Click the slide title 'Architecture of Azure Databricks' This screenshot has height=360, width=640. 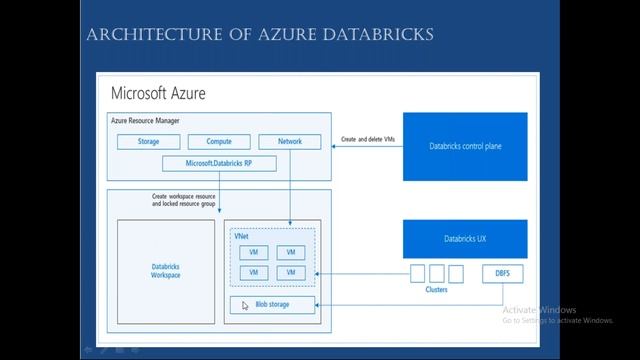(260, 35)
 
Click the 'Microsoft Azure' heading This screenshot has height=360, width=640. (158, 93)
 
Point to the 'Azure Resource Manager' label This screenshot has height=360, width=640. (146, 120)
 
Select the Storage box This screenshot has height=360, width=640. (148, 142)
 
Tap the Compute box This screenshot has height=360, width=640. (218, 142)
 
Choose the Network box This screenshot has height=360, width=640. (289, 142)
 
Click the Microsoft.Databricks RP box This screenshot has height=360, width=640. (218, 162)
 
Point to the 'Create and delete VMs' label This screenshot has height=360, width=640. (367, 139)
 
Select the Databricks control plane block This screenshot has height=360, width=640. (465, 146)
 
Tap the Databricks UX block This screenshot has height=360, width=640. (465, 239)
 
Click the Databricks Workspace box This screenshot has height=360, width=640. (166, 270)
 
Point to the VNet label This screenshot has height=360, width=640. (242, 236)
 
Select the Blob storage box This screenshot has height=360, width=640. (272, 304)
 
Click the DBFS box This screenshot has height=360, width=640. (502, 273)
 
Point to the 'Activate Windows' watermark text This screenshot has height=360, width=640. (540, 309)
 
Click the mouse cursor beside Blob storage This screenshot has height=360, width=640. (244, 306)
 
